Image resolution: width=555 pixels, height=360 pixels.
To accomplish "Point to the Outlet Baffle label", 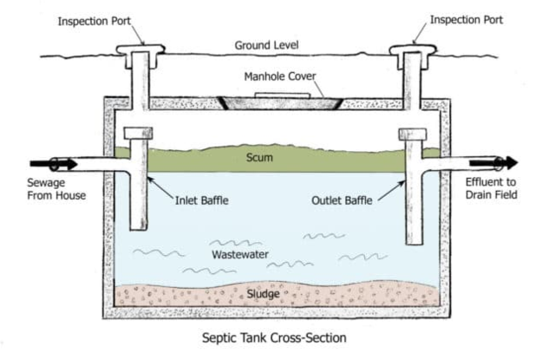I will [345, 200].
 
